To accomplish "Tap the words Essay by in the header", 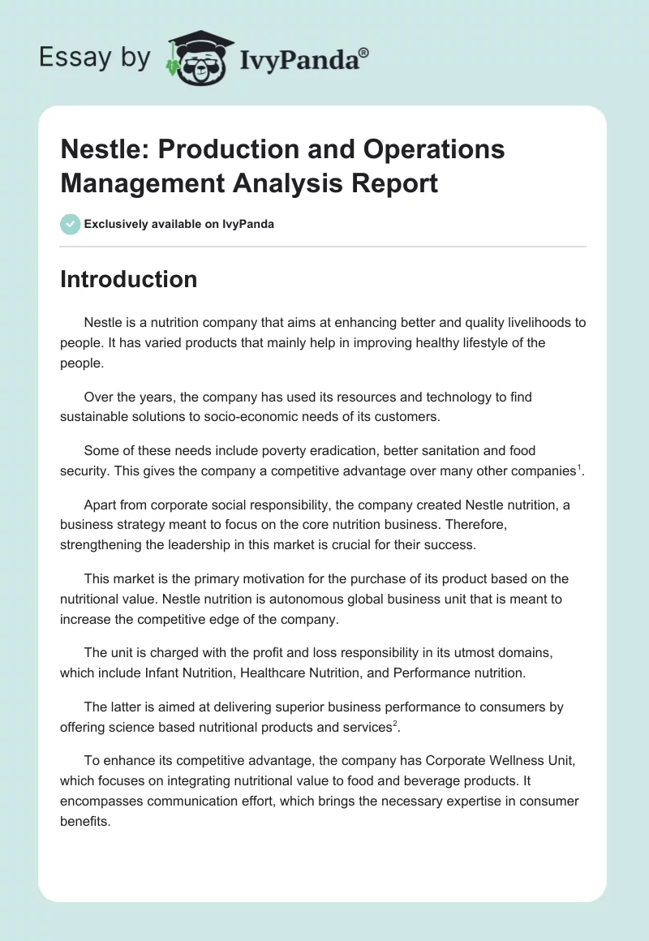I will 94,57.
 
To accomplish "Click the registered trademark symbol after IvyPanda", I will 364,53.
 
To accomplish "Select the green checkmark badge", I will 71,224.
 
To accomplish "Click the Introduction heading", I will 128,279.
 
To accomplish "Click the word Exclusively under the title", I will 119,224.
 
